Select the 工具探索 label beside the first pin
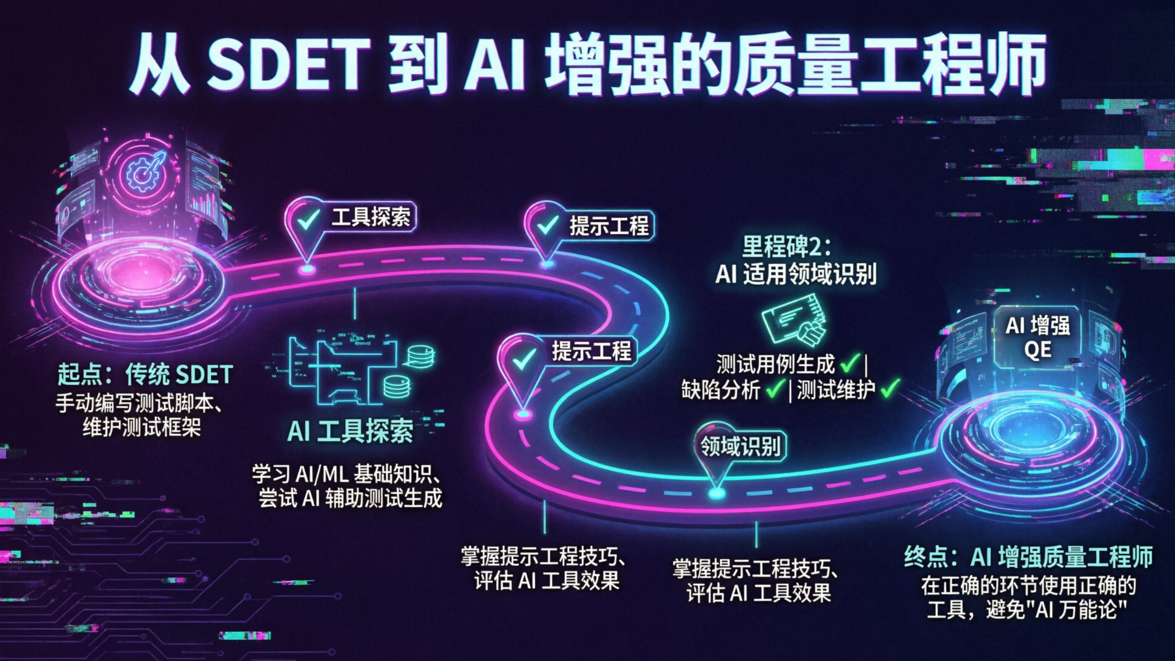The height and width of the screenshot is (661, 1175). (371, 217)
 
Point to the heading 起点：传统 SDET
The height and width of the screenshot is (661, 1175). (145, 375)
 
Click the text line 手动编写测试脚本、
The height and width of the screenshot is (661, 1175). (143, 403)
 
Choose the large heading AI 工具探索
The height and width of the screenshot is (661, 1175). (350, 431)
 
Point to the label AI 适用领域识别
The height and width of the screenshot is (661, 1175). (796, 274)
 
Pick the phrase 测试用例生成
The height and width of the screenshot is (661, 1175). (775, 365)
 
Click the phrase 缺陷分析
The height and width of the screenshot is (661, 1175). (721, 390)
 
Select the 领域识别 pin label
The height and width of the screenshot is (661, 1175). (740, 446)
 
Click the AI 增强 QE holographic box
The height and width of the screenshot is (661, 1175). (1038, 337)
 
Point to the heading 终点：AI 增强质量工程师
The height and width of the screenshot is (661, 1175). (1028, 556)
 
